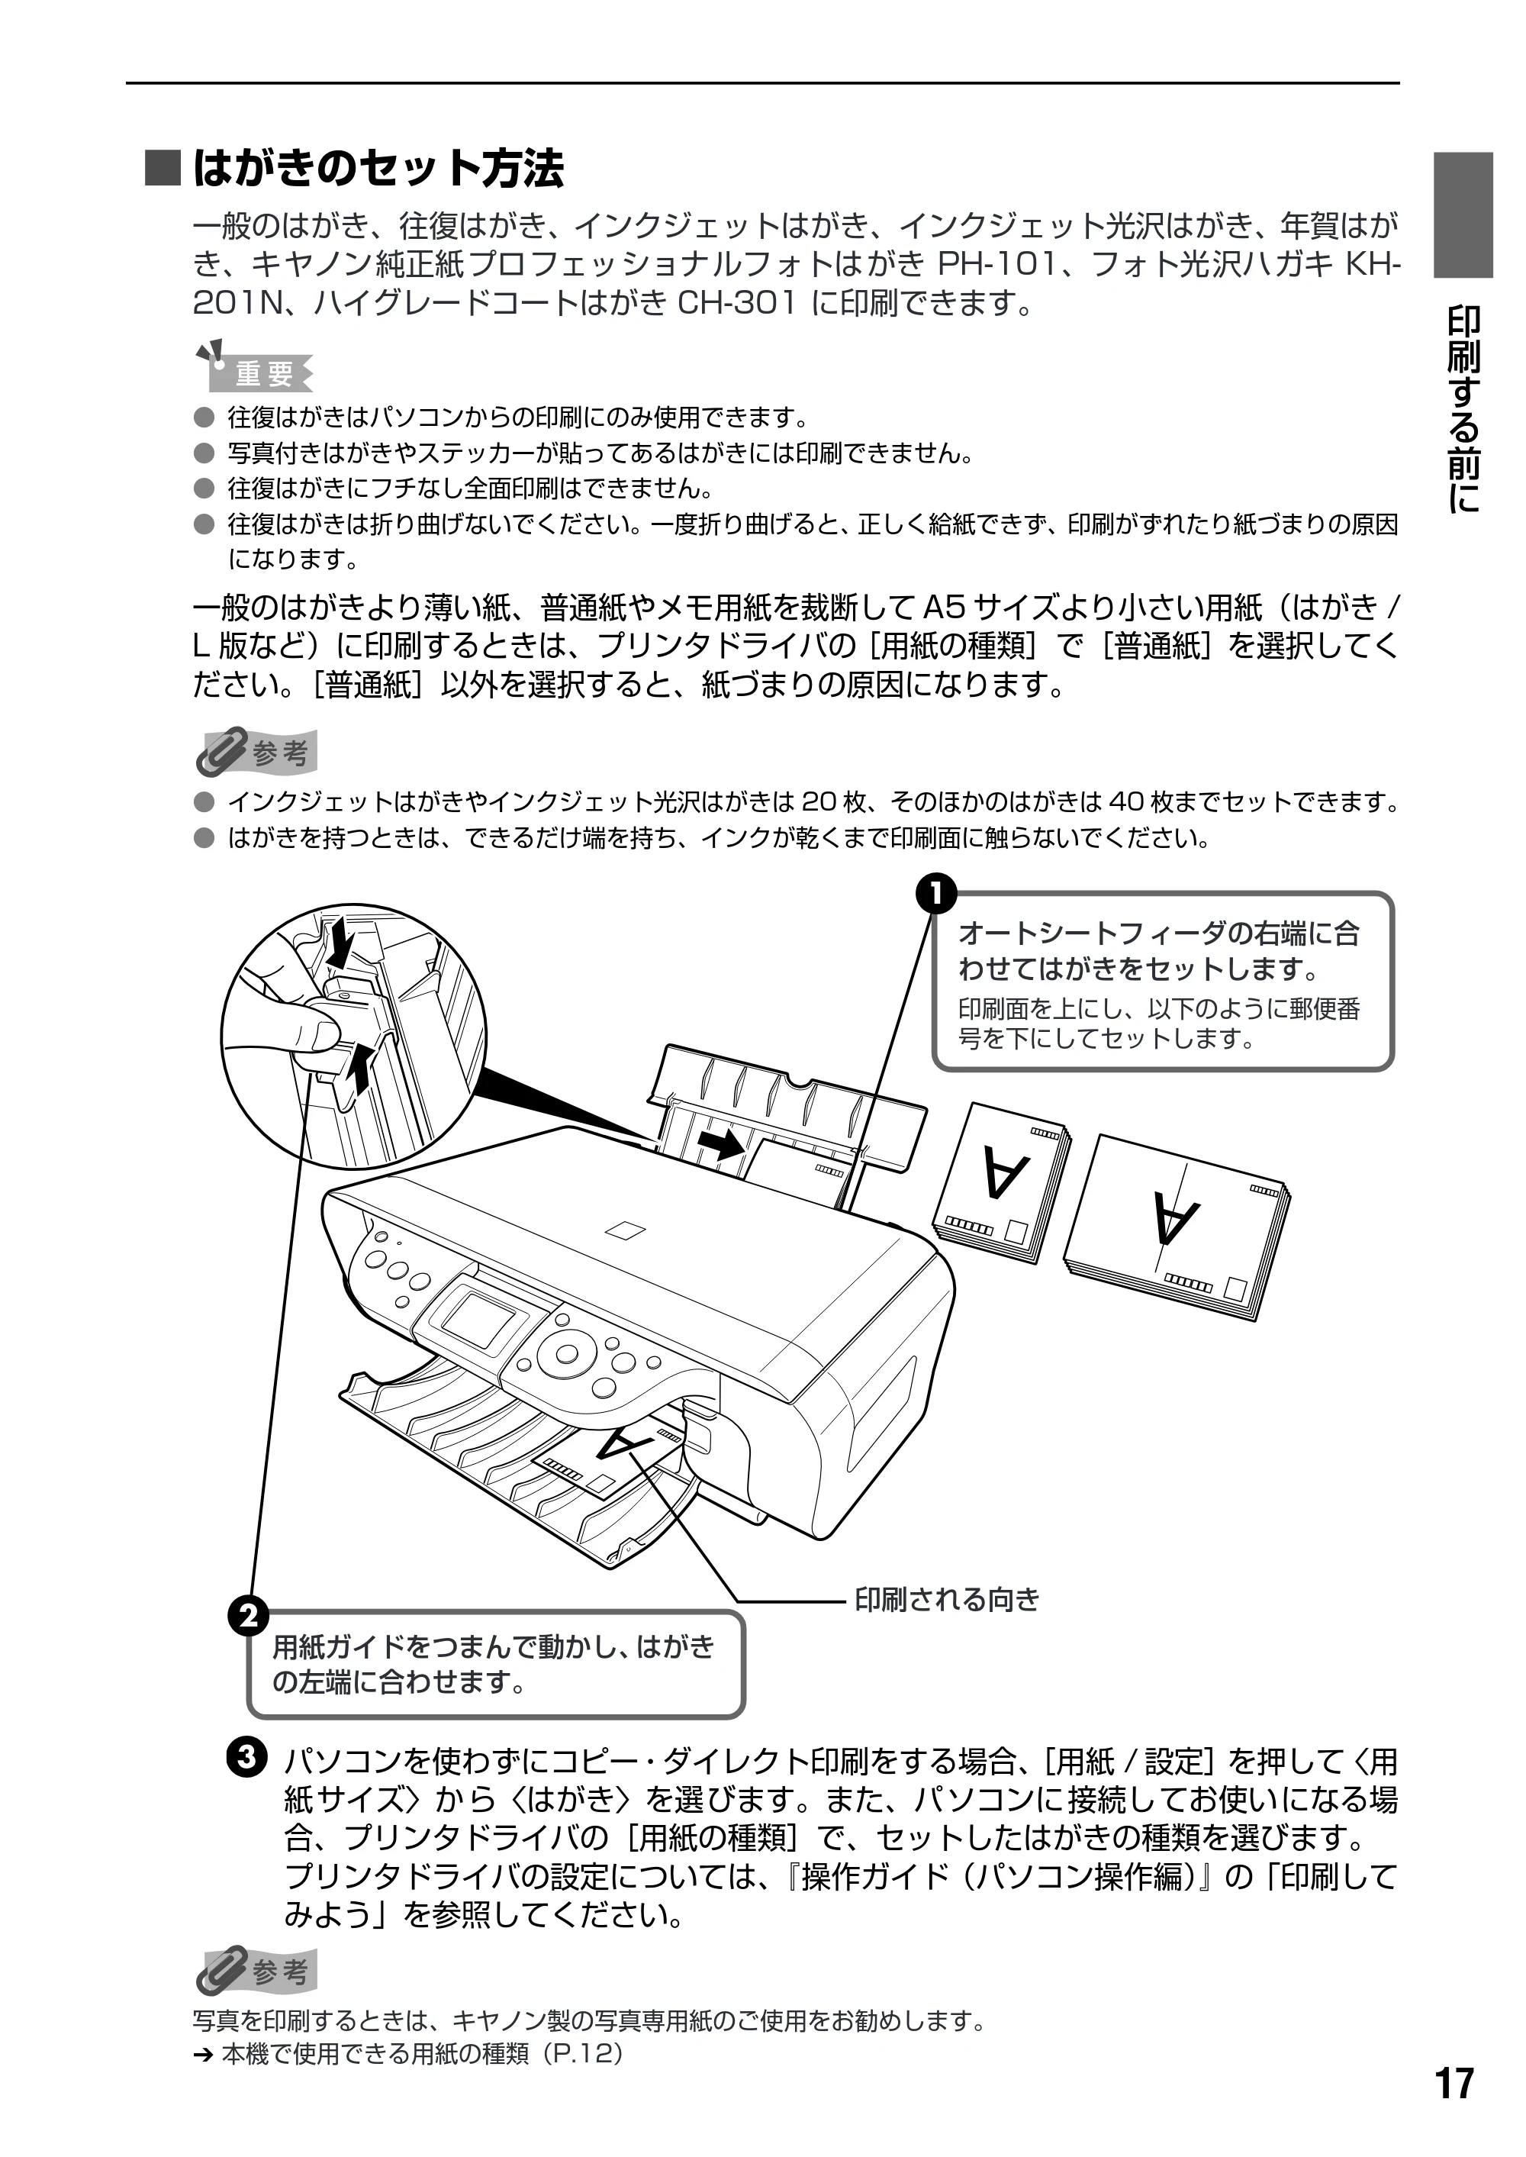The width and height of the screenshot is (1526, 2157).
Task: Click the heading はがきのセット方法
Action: point(378,169)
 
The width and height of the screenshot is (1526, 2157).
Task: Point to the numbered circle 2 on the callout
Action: point(248,1617)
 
